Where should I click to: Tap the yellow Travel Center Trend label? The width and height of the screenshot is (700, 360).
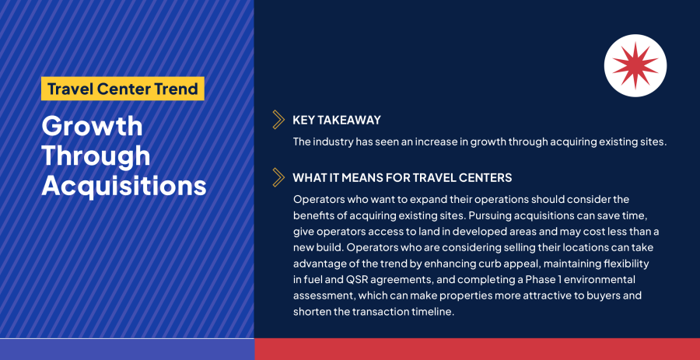click(122, 88)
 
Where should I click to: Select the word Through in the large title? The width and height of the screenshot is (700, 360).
click(96, 156)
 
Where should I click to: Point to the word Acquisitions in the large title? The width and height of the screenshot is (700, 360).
click(124, 186)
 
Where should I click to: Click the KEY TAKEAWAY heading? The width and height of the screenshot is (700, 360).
click(337, 120)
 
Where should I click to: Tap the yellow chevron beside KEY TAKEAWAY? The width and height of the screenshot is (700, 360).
click(278, 120)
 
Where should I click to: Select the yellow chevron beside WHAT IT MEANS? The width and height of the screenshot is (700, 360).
click(278, 177)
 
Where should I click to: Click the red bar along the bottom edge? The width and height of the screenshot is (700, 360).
click(477, 349)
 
